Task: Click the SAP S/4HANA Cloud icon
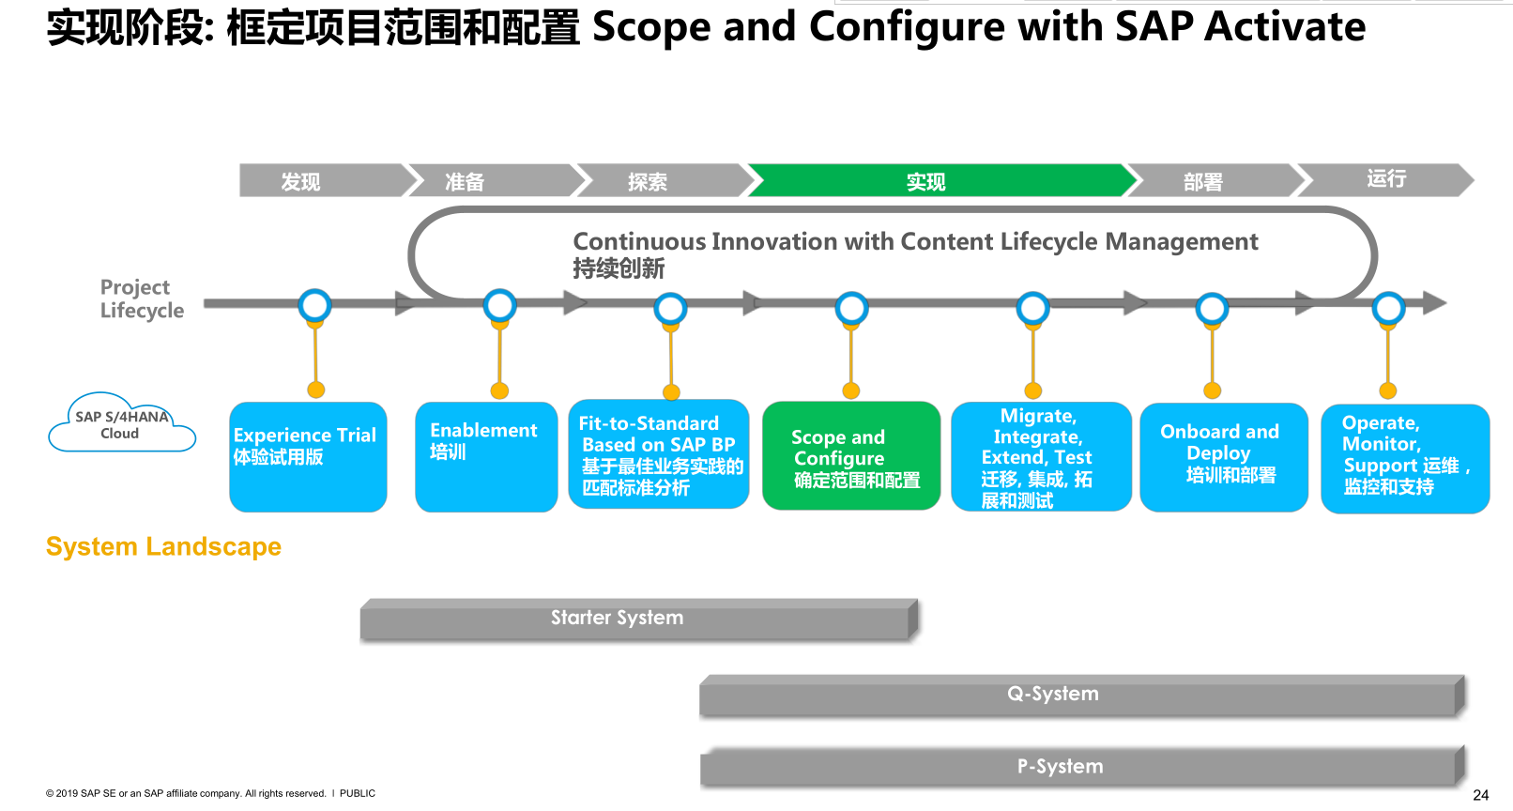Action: (121, 425)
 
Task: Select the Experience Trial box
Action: (308, 457)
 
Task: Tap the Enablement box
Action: (486, 457)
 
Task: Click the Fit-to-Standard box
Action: (659, 455)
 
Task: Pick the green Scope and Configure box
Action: (851, 456)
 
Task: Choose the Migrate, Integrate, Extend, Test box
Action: (1041, 457)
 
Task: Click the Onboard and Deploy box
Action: (1224, 457)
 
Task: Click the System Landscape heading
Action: (163, 546)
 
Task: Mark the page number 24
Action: (1480, 795)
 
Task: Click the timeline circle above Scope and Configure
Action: (851, 307)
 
